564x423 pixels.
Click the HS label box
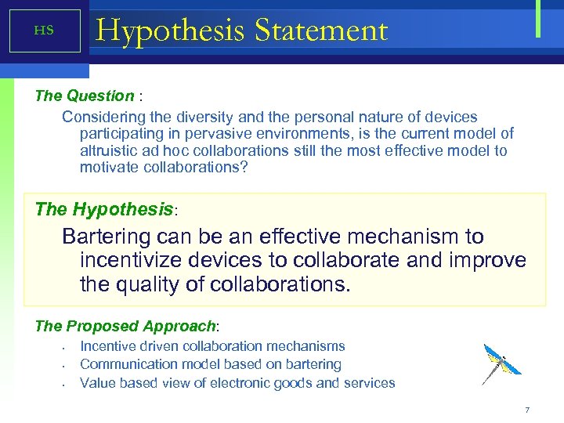pyautogui.click(x=45, y=31)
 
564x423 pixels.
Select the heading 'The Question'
pyautogui.click(x=85, y=96)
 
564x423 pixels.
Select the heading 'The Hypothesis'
pyautogui.click(x=104, y=210)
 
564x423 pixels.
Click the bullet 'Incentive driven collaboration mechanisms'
pyautogui.click(x=212, y=345)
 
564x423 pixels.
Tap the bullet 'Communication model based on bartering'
pyautogui.click(x=211, y=364)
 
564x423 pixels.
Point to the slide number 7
pyautogui.click(x=527, y=410)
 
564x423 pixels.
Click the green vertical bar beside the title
pyautogui.click(x=538, y=19)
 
